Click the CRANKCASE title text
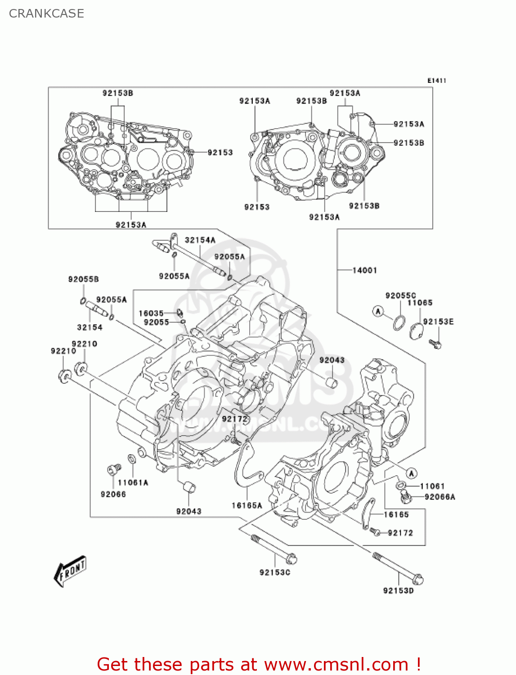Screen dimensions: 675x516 (x=46, y=13)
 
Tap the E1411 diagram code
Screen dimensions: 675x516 (x=436, y=81)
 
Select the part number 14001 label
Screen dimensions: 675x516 (x=364, y=270)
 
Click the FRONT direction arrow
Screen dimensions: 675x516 (x=70, y=571)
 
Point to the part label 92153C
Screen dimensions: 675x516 (x=275, y=572)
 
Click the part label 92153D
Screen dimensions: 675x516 (x=398, y=590)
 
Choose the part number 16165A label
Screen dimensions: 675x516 (x=247, y=505)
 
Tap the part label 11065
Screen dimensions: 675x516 (x=420, y=303)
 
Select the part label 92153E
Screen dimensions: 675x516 (x=438, y=321)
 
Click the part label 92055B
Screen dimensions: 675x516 (x=83, y=279)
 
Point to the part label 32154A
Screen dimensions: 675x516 (x=200, y=240)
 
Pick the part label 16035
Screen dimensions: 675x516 (x=151, y=313)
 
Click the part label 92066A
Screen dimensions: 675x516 (x=440, y=497)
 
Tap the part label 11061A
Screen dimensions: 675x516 (x=133, y=482)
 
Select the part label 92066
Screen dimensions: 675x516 (x=113, y=494)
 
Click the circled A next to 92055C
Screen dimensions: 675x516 (x=378, y=311)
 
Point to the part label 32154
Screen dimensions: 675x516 (x=90, y=327)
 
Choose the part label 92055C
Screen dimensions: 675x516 (x=400, y=295)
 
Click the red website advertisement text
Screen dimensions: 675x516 (x=259, y=664)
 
